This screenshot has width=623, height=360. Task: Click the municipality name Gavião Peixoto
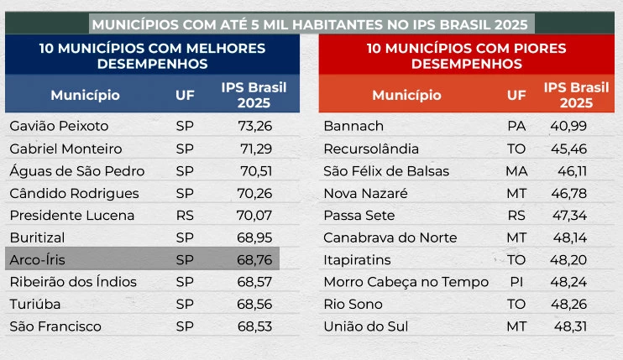59,127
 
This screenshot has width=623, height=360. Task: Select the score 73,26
255,127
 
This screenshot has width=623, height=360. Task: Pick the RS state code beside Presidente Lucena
185,215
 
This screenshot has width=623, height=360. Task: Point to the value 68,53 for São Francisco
255,326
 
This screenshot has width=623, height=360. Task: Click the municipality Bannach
353,127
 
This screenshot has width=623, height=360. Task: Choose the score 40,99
570,127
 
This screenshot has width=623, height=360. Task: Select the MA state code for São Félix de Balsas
517,171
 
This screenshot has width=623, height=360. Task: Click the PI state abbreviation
517,282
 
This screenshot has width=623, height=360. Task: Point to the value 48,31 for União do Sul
570,326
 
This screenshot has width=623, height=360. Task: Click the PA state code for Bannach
517,127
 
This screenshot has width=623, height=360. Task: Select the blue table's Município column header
85,95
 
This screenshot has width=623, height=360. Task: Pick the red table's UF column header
517,95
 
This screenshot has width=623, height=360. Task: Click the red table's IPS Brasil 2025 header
573,95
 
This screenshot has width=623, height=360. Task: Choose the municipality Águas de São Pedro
77,171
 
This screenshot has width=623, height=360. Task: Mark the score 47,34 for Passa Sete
570,215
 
